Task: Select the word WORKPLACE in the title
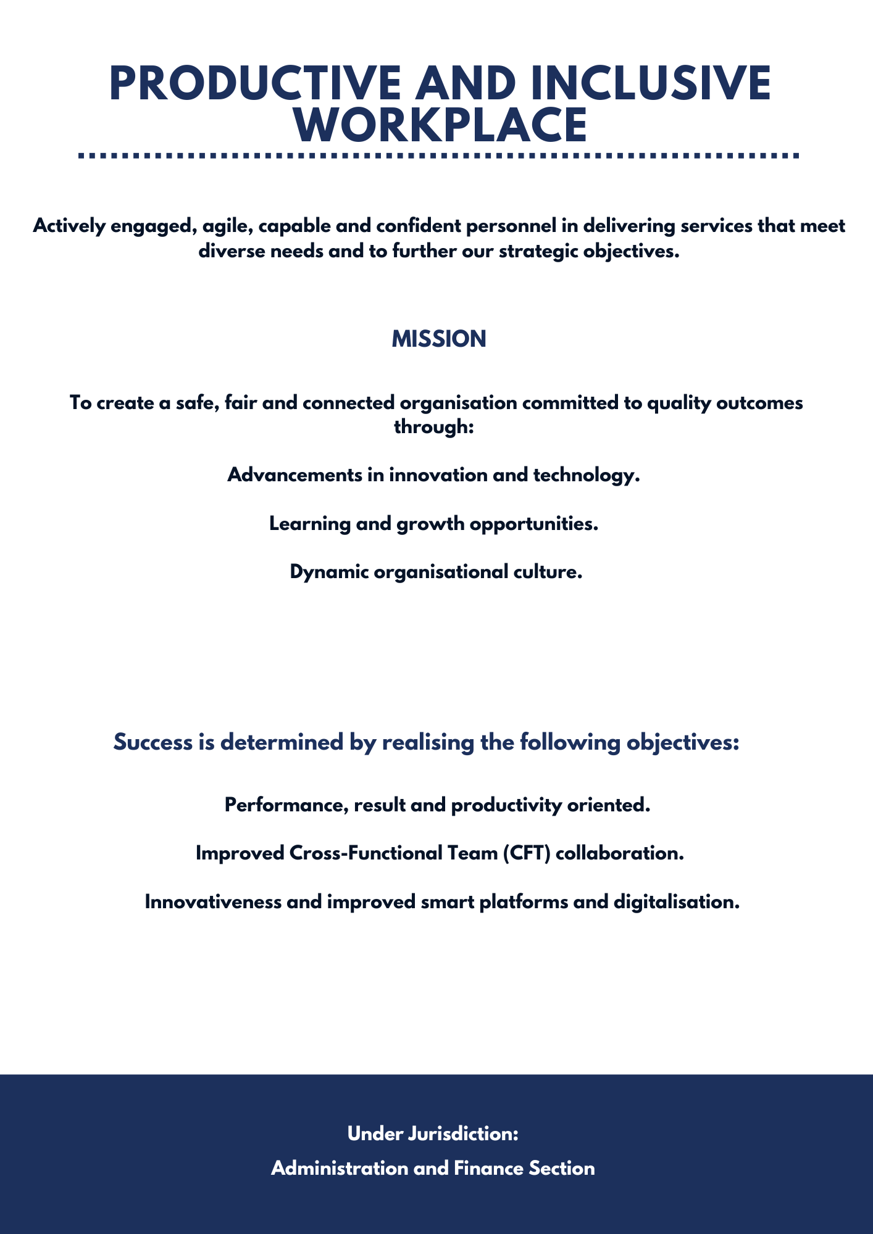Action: pos(440,125)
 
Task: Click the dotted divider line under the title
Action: pos(440,156)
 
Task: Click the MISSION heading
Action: pos(439,339)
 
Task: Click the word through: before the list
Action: pos(433,426)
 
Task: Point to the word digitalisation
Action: pos(677,901)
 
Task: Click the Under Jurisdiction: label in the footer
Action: pos(433,1133)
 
